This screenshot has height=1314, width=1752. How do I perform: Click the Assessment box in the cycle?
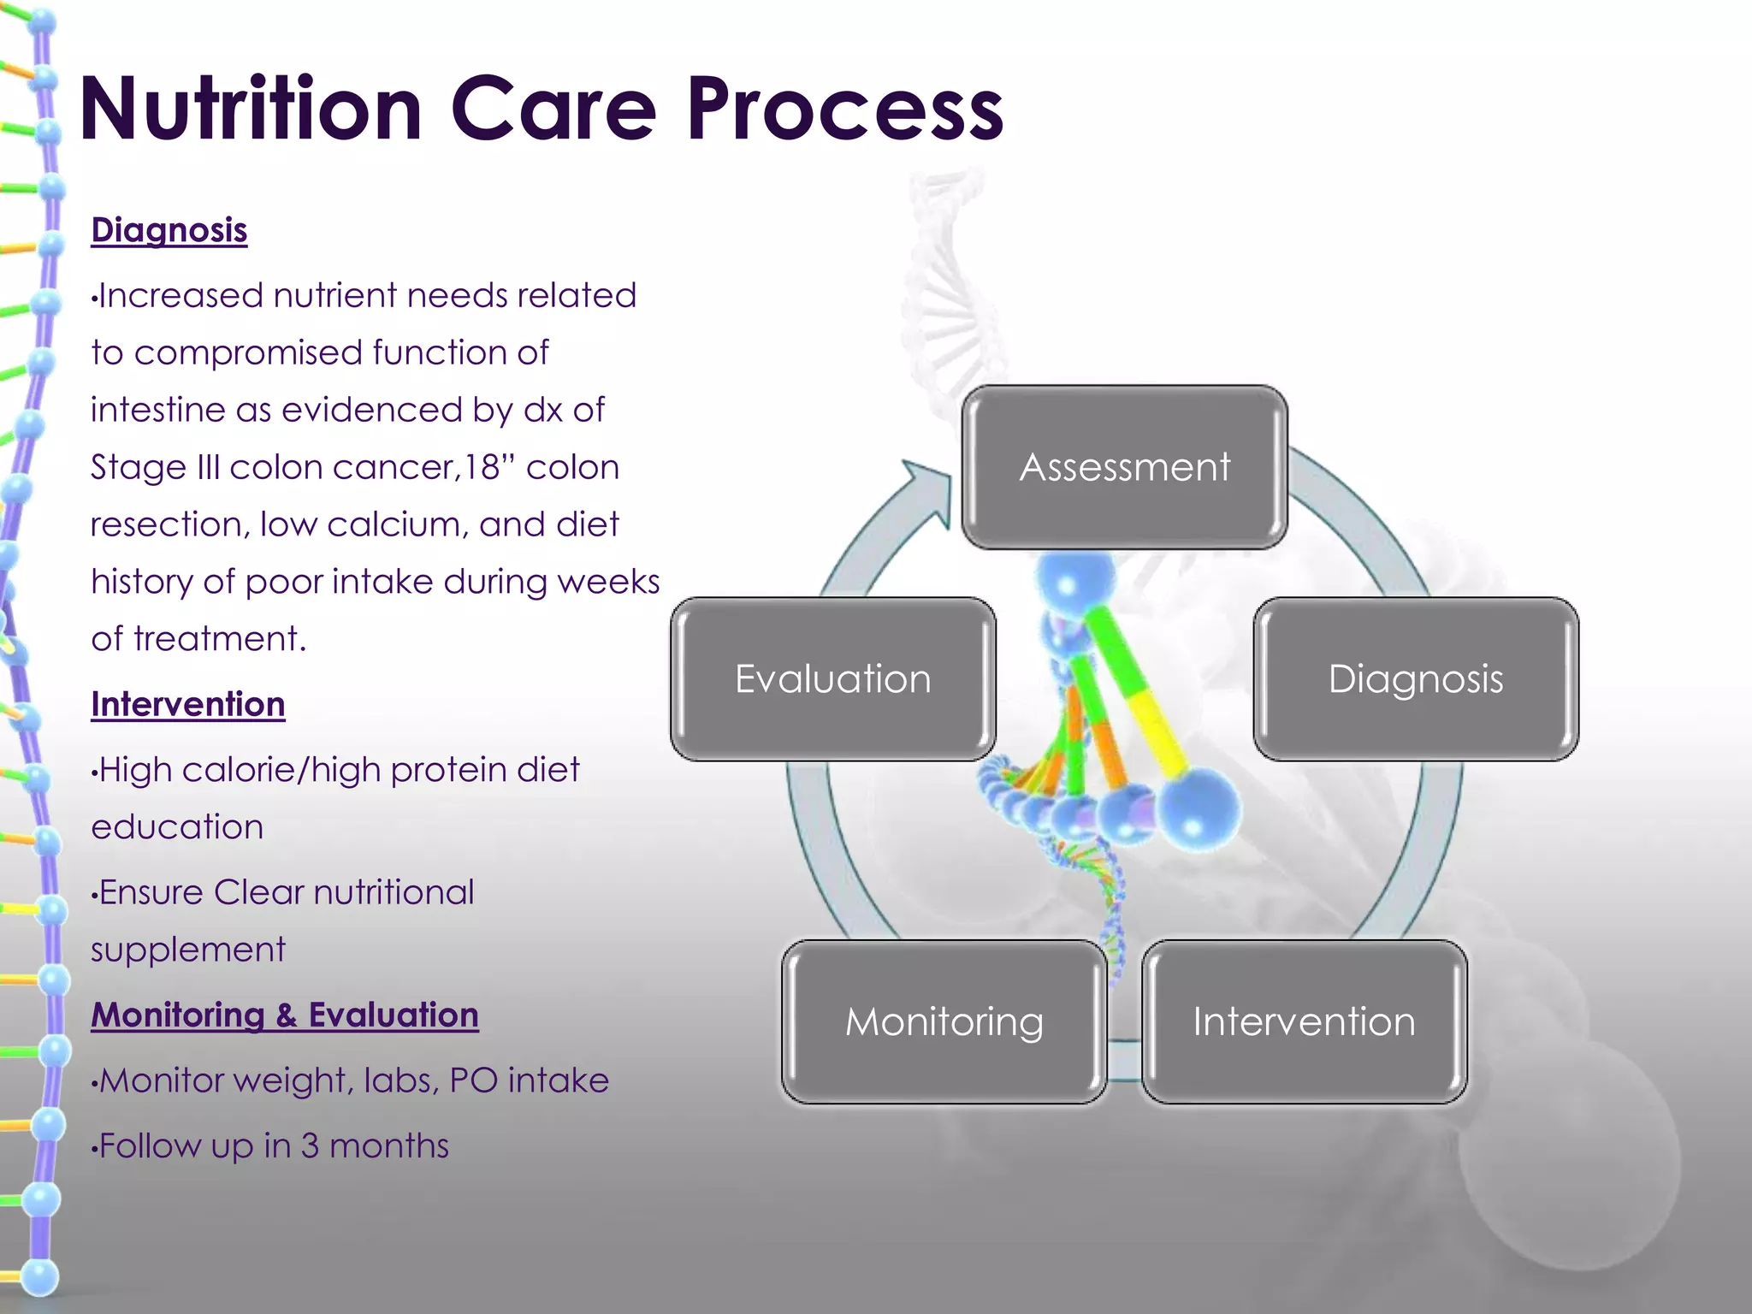[x=1124, y=467]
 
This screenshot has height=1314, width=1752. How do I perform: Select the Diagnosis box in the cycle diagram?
[x=1416, y=679]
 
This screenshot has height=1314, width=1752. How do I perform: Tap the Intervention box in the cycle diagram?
[x=1304, y=1021]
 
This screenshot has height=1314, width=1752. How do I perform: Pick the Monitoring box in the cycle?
[x=944, y=1021]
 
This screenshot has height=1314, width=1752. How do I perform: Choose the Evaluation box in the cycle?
[x=832, y=679]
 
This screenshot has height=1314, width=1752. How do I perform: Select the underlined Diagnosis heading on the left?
[x=169, y=231]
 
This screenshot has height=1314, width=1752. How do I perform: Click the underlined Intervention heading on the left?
[x=188, y=705]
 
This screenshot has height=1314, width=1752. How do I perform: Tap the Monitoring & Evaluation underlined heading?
[x=285, y=1015]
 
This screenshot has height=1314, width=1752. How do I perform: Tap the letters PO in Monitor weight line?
[x=473, y=1080]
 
